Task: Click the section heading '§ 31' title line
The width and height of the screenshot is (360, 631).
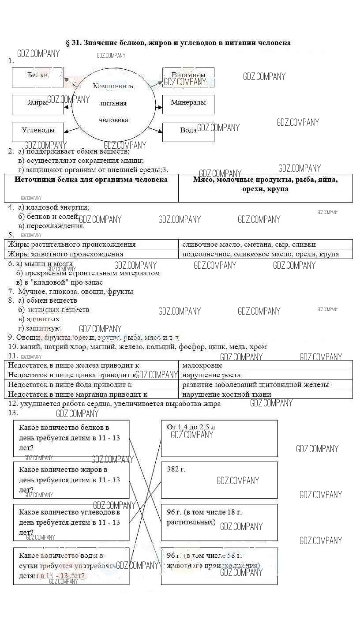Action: tap(178, 43)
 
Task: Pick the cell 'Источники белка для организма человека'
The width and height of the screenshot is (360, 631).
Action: tap(91, 188)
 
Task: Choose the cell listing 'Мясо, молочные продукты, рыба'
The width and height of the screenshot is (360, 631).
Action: tap(265, 188)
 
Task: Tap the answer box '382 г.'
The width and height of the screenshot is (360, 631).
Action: tap(219, 480)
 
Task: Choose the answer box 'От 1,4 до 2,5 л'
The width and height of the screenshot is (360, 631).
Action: tap(219, 438)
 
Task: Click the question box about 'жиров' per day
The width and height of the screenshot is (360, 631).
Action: tap(71, 480)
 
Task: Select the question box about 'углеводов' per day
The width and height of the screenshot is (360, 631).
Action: tap(71, 522)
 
